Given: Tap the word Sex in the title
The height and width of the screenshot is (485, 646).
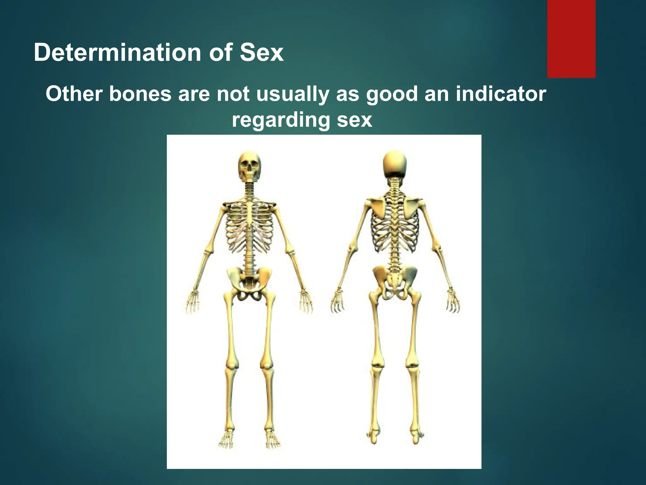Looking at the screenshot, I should [261, 53].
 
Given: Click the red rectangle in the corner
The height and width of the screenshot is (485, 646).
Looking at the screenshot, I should [571, 39].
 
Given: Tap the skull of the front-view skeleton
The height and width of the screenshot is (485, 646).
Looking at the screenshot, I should [249, 165].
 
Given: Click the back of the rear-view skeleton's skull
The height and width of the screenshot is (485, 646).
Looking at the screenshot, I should [395, 164].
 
